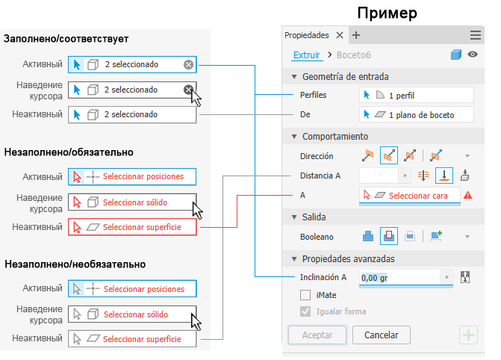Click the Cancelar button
[382, 335]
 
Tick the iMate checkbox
[305, 295]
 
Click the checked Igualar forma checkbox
[305, 311]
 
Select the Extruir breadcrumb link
[306, 55]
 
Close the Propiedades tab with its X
[340, 35]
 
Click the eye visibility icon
[473, 55]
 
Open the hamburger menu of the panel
[476, 35]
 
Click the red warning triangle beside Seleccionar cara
[467, 195]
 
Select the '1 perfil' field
[417, 96]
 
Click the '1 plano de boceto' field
[417, 115]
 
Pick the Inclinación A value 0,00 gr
[374, 278]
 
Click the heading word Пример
[387, 13]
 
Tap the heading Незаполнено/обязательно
[69, 152]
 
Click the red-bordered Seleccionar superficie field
[132, 227]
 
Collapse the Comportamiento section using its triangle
[294, 137]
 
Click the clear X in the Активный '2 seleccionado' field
[188, 64]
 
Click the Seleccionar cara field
[410, 196]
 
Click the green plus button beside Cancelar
[468, 335]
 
